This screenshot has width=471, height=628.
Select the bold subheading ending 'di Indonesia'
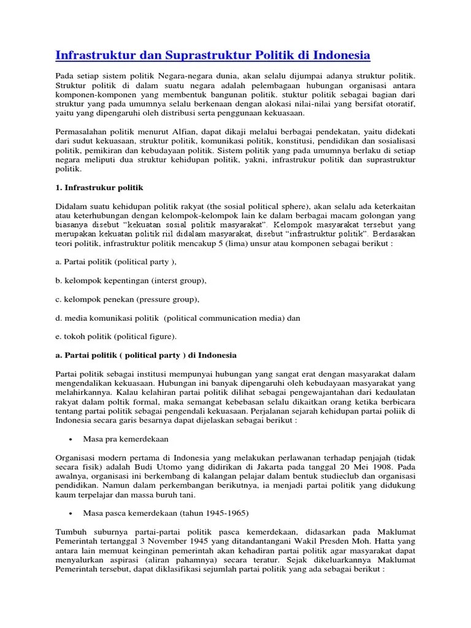pos(146,355)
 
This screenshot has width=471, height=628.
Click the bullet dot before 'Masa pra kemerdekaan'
pos(72,439)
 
